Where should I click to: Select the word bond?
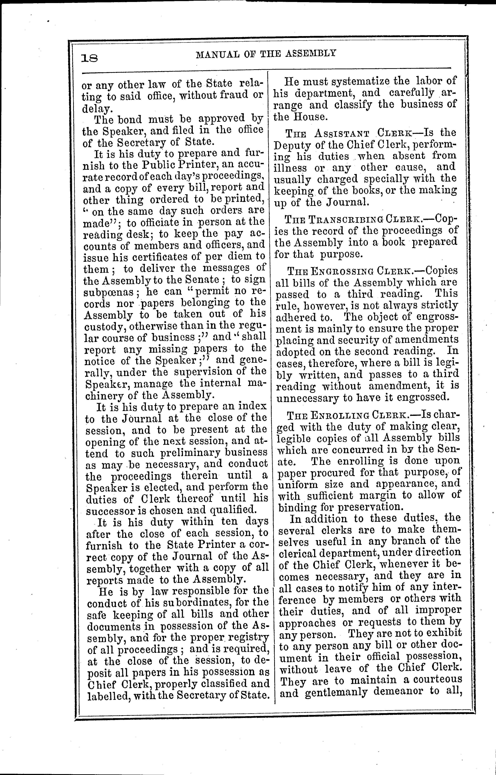tap(129, 119)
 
